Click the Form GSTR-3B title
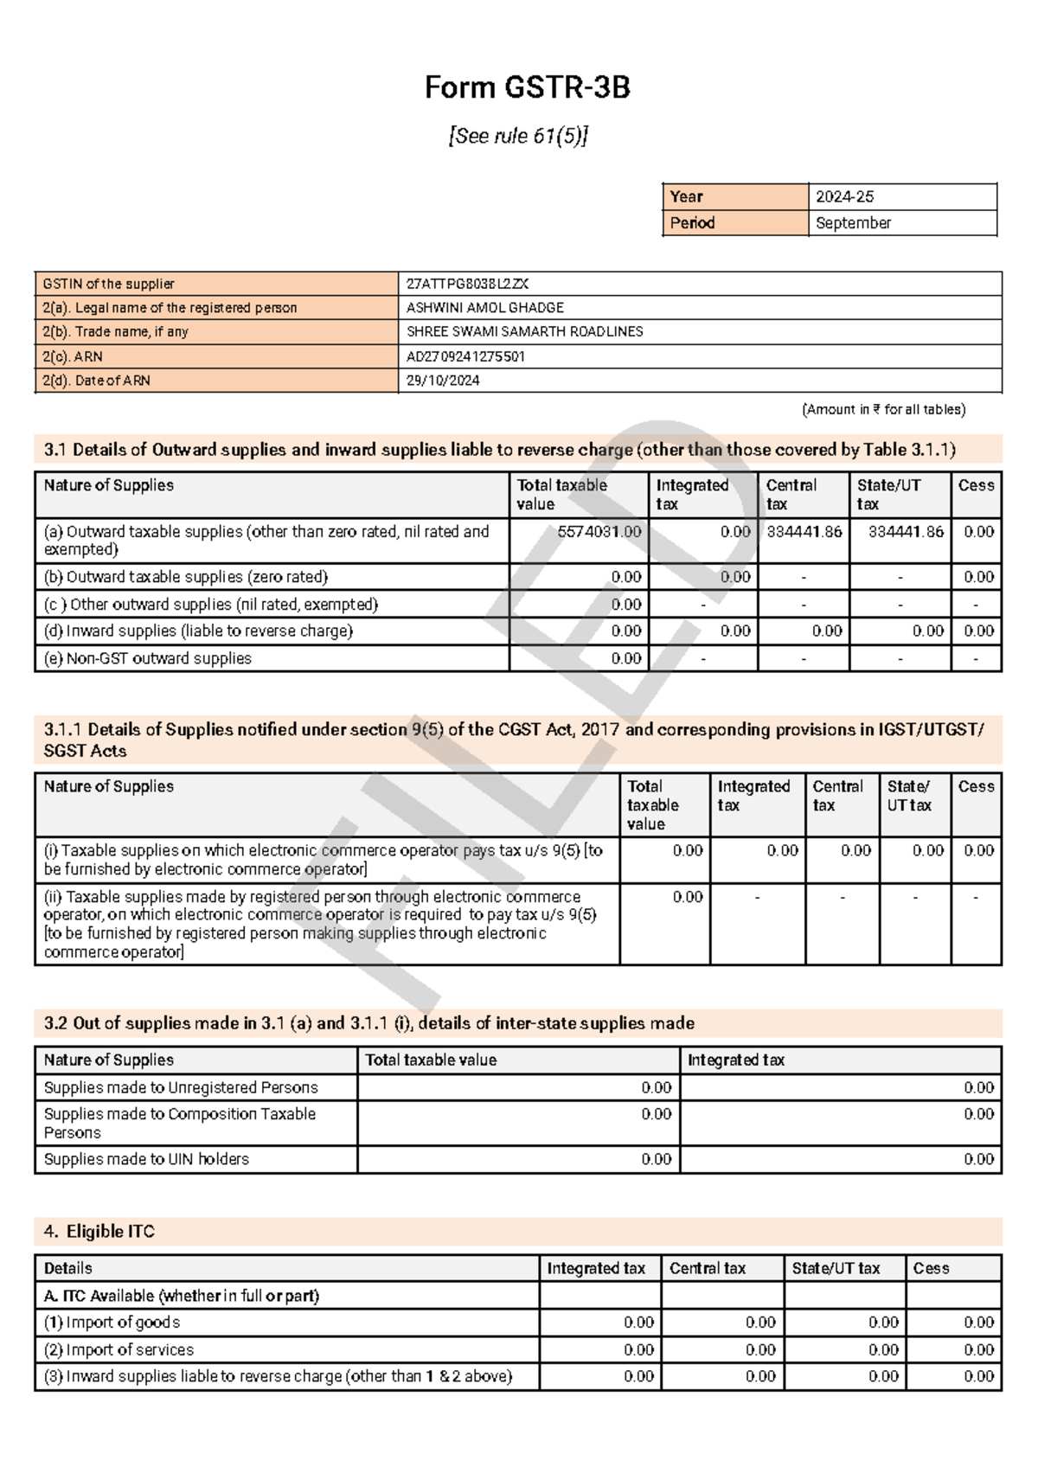(527, 87)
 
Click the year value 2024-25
(844, 197)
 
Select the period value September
(853, 223)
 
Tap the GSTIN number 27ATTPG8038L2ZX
(467, 284)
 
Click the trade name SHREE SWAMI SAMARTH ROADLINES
(524, 332)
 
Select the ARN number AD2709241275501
(465, 356)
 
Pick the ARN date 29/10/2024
(443, 381)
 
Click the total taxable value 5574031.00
(599, 532)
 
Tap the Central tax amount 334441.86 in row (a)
(804, 532)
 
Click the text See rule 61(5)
(518, 136)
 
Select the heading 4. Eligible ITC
(99, 1232)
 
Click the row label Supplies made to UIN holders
(146, 1159)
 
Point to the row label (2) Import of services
(119, 1349)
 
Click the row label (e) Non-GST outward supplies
(147, 658)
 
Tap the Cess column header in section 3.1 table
(976, 486)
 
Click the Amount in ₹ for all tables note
(883, 410)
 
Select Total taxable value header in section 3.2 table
(431, 1060)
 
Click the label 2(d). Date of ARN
(96, 381)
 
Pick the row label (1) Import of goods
(112, 1323)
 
